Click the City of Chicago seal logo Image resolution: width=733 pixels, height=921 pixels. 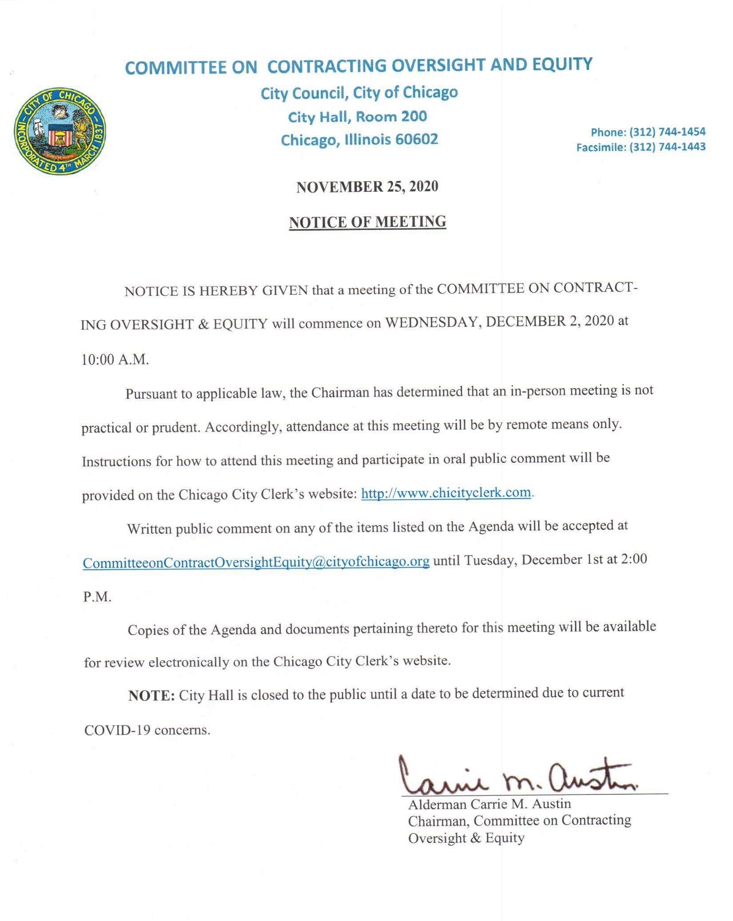[60, 131]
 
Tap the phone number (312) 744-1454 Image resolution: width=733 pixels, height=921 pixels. [667, 132]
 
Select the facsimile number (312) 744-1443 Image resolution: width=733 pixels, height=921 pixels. [667, 147]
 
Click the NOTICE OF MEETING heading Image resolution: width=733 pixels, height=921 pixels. [367, 222]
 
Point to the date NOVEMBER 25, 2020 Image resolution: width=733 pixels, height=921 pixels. [367, 187]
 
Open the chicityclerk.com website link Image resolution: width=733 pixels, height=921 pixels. [446, 493]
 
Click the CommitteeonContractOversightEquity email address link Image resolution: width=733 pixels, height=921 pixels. [256, 562]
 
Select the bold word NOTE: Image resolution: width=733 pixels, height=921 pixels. [151, 695]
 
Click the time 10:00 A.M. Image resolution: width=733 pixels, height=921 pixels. [115, 359]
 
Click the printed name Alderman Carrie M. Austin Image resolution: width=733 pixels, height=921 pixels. [490, 804]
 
